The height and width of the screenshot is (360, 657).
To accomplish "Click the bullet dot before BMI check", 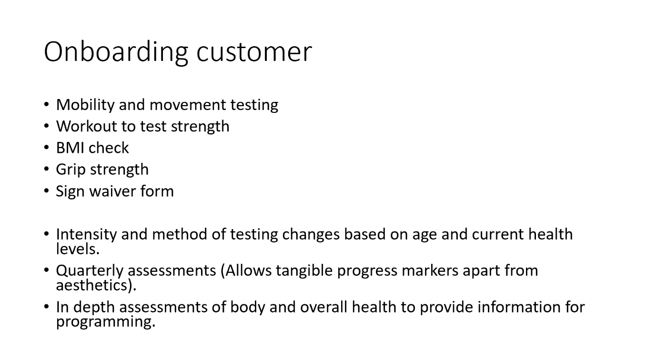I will click(46, 148).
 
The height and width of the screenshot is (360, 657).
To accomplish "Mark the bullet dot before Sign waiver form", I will click(46, 191).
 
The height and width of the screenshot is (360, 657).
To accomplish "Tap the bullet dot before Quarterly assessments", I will click(46, 270).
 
